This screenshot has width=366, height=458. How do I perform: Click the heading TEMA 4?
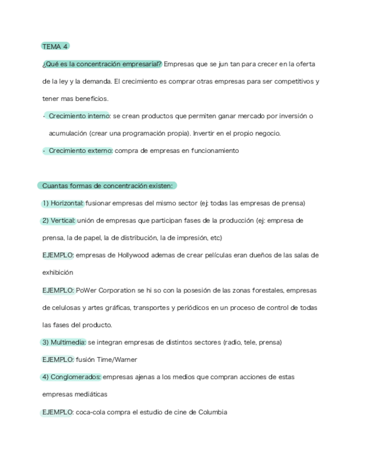[55, 46]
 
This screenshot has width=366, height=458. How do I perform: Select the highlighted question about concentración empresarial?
[102, 64]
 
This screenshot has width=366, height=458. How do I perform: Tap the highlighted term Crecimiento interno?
[79, 116]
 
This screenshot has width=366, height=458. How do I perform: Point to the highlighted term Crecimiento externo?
[80, 151]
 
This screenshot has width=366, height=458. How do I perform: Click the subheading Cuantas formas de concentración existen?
[107, 186]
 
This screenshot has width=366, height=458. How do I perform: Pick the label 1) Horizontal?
[63, 203]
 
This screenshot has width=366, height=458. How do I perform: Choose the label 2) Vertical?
[58, 220]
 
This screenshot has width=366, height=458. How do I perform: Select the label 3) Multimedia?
[64, 342]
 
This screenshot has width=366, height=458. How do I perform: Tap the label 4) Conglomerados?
[71, 377]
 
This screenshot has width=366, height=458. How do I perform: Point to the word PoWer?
[85, 290]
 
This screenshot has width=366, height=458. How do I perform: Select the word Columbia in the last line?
[212, 412]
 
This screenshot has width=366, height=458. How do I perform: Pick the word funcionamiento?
[214, 151]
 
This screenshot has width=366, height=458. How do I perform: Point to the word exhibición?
[57, 273]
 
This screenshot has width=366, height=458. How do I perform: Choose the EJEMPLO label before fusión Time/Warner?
[58, 360]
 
